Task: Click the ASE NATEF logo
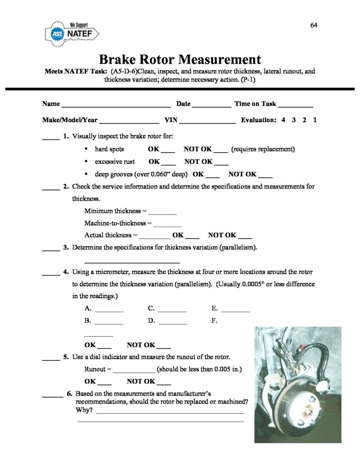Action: (73, 33)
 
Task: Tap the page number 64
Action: (314, 25)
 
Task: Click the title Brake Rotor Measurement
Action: (180, 60)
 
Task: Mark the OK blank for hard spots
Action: (168, 151)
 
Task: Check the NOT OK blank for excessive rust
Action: (221, 163)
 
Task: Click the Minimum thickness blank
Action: (162, 213)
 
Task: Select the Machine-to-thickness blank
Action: (167, 225)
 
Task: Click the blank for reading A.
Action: (109, 311)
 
